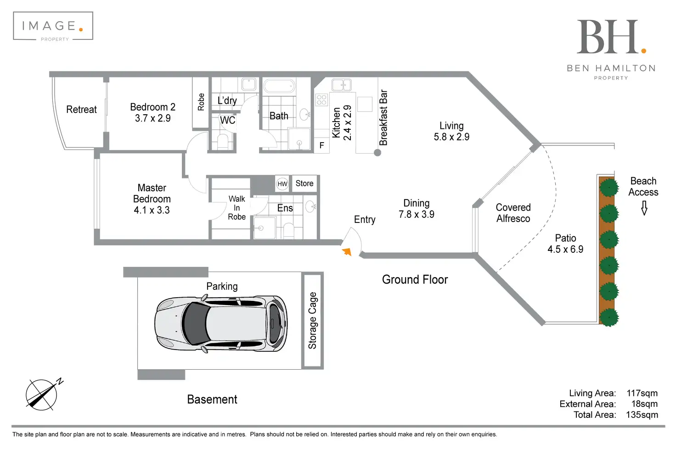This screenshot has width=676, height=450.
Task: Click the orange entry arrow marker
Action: pyautogui.click(x=347, y=251)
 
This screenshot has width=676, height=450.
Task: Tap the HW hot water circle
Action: pyautogui.click(x=282, y=184)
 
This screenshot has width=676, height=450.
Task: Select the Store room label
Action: pyautogui.click(x=304, y=183)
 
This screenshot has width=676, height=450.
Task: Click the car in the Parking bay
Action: pyautogui.click(x=221, y=324)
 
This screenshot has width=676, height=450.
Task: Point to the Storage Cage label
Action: pyautogui.click(x=312, y=321)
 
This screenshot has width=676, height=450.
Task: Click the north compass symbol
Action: pyautogui.click(x=43, y=394)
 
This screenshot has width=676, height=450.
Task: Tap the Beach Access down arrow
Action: pyautogui.click(x=644, y=209)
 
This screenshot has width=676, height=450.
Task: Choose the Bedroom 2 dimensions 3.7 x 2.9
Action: pyautogui.click(x=152, y=118)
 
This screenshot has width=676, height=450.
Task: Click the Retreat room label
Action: pyautogui.click(x=81, y=110)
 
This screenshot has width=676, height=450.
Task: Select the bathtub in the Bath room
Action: pyautogui.click(x=279, y=86)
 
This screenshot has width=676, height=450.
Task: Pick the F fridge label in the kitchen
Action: pyautogui.click(x=321, y=145)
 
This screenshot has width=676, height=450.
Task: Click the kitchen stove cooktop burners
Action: pyautogui.click(x=321, y=100)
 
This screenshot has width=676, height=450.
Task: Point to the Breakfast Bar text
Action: pyautogui.click(x=383, y=118)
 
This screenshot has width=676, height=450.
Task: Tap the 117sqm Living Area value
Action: pyautogui.click(x=642, y=393)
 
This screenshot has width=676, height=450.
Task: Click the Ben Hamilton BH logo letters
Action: pyautogui.click(x=608, y=38)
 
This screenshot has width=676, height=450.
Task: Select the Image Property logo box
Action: pyautogui.click(x=53, y=26)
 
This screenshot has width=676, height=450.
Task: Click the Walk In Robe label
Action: pyautogui.click(x=237, y=208)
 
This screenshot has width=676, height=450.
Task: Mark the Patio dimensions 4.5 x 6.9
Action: pyautogui.click(x=565, y=250)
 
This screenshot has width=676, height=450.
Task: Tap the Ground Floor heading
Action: pyautogui.click(x=415, y=280)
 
